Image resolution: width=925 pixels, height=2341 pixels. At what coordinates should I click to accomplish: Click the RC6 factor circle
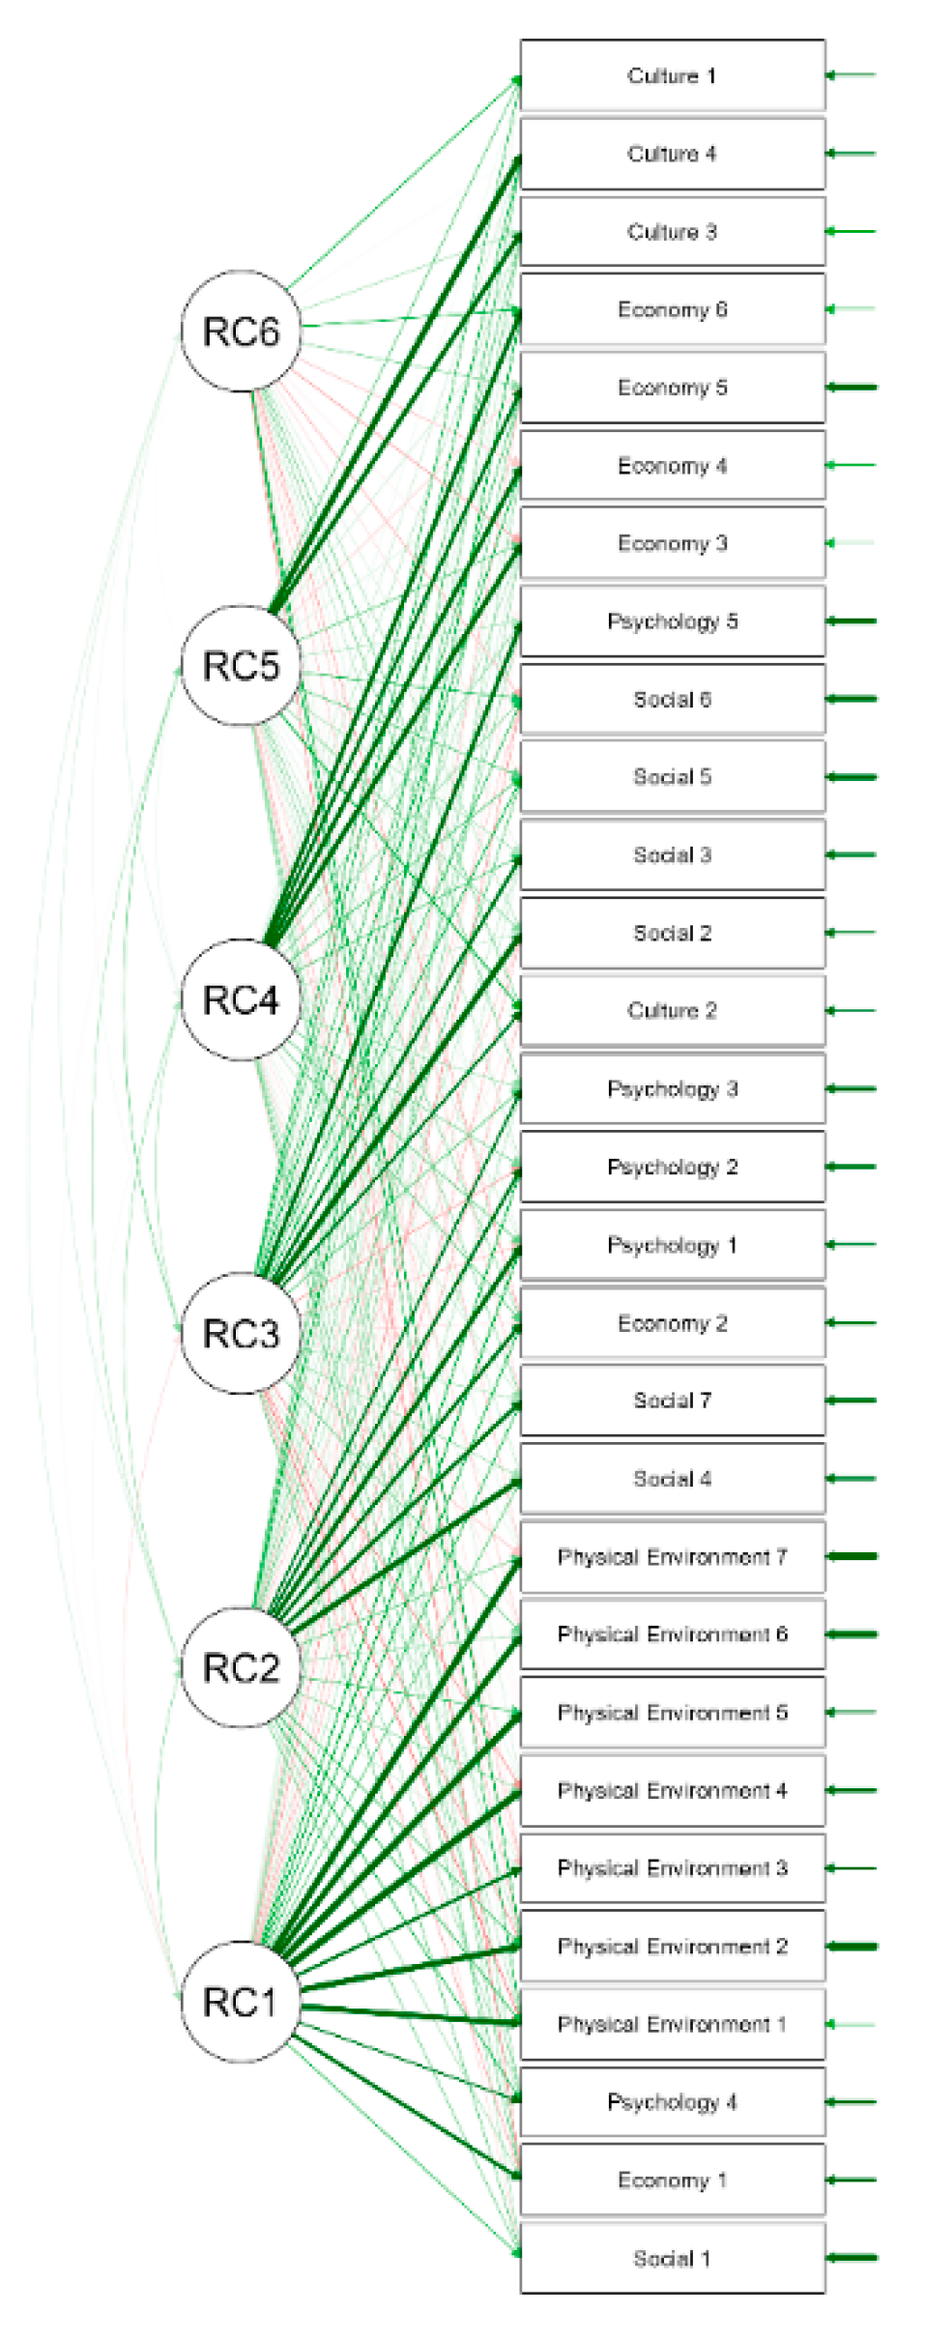pos(241,331)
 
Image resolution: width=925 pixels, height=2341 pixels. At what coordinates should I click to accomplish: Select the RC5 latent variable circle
pos(241,665)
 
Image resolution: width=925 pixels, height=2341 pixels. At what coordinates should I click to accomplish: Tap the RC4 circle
pos(241,999)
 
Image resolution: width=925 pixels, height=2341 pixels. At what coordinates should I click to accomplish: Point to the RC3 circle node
pos(241,1333)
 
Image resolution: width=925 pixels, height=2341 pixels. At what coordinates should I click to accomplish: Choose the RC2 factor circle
pos(241,1667)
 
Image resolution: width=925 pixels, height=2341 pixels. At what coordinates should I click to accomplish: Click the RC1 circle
pos(241,2001)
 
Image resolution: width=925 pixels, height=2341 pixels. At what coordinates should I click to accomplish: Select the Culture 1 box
pos(672,75)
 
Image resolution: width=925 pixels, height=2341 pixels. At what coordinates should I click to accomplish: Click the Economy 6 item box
pos(672,309)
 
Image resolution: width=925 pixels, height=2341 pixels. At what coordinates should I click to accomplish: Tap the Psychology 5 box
pos(672,621)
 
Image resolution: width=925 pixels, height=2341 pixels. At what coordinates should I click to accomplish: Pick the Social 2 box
pos(672,933)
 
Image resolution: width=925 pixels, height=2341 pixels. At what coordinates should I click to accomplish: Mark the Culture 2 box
pos(672,1010)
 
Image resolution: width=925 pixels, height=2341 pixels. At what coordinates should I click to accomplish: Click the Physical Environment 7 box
pos(672,1556)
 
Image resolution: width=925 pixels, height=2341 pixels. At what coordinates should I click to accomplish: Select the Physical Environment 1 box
pos(672,2023)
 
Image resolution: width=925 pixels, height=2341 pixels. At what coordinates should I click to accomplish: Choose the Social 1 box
pos(672,2258)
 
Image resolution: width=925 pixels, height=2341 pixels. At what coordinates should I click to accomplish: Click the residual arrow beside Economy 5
pos(852,388)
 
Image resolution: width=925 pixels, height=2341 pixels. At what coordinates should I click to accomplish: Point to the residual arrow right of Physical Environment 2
pos(852,1946)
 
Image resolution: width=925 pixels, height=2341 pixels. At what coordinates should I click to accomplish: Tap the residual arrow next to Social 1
pos(852,2258)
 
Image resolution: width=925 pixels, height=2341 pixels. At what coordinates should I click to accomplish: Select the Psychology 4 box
pos(672,2101)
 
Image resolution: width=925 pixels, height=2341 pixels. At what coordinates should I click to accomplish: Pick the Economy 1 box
pos(672,2180)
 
